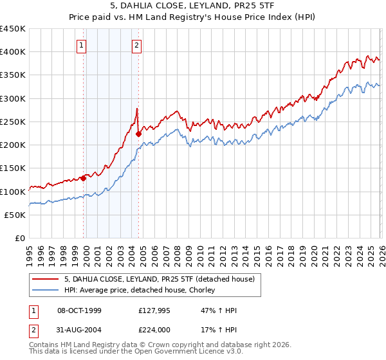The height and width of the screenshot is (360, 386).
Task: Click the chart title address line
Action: point(193,6)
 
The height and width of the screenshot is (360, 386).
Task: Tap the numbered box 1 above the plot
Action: point(82,45)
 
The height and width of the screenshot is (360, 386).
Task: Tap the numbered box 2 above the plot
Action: point(138,45)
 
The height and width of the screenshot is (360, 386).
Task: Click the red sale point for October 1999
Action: point(83,179)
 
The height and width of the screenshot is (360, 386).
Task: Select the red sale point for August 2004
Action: point(138,134)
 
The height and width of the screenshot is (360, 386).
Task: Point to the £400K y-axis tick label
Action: point(13,52)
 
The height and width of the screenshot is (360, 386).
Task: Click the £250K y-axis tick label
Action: point(13,122)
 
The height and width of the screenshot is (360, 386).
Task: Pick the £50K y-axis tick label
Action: point(16,215)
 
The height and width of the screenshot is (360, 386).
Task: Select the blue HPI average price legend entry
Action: point(143,291)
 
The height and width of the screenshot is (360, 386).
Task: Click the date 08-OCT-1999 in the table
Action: point(79,310)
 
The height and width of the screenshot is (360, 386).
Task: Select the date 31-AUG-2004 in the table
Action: point(79,329)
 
